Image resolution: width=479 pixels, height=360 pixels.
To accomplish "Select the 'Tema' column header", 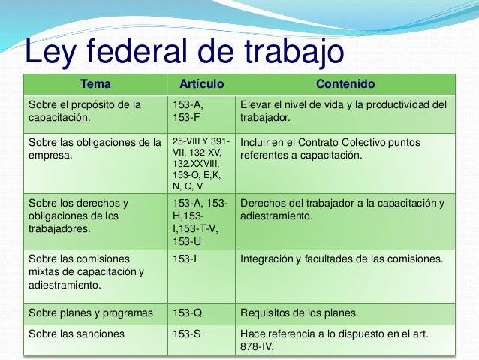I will pos(95,83).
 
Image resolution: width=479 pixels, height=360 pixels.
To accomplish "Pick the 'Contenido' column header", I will pos(345,83).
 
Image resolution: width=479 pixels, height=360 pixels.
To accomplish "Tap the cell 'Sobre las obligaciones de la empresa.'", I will pos(94,149).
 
